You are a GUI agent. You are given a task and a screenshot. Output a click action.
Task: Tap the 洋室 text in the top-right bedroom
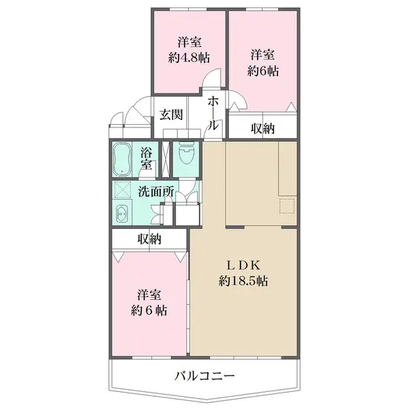tap(262, 55)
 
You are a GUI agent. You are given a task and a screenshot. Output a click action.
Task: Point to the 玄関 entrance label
tap(171, 115)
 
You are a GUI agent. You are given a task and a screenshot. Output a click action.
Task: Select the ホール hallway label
tap(213, 112)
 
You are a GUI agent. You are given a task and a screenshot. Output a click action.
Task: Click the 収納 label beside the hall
tap(262, 128)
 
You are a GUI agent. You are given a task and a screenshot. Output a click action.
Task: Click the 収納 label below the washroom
tap(149, 239)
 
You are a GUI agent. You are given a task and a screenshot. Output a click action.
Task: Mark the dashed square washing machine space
tap(123, 192)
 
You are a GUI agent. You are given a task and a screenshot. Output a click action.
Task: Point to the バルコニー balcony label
tap(204, 376)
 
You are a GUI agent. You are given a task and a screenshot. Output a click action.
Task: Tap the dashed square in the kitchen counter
tap(286, 205)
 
